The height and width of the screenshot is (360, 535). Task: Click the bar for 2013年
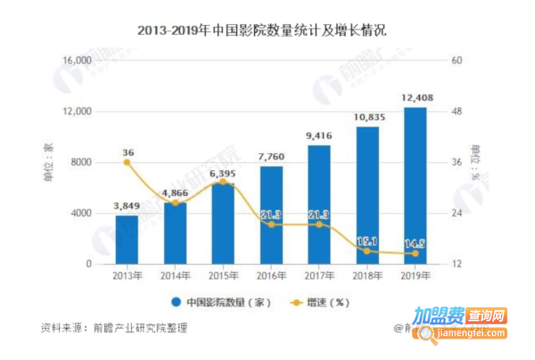[x=127, y=240]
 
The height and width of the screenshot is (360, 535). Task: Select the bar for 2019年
[x=416, y=186]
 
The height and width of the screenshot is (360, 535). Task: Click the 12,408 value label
[x=416, y=98]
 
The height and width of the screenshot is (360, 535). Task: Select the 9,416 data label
[x=319, y=136]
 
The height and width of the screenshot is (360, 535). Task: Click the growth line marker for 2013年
[x=128, y=162]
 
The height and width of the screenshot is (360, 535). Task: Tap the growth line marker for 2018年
[x=367, y=251]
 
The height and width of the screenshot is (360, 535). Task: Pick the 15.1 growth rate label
[x=367, y=241]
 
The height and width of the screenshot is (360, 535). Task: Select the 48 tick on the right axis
[x=458, y=111]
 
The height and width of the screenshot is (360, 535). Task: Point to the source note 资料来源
[x=114, y=328]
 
